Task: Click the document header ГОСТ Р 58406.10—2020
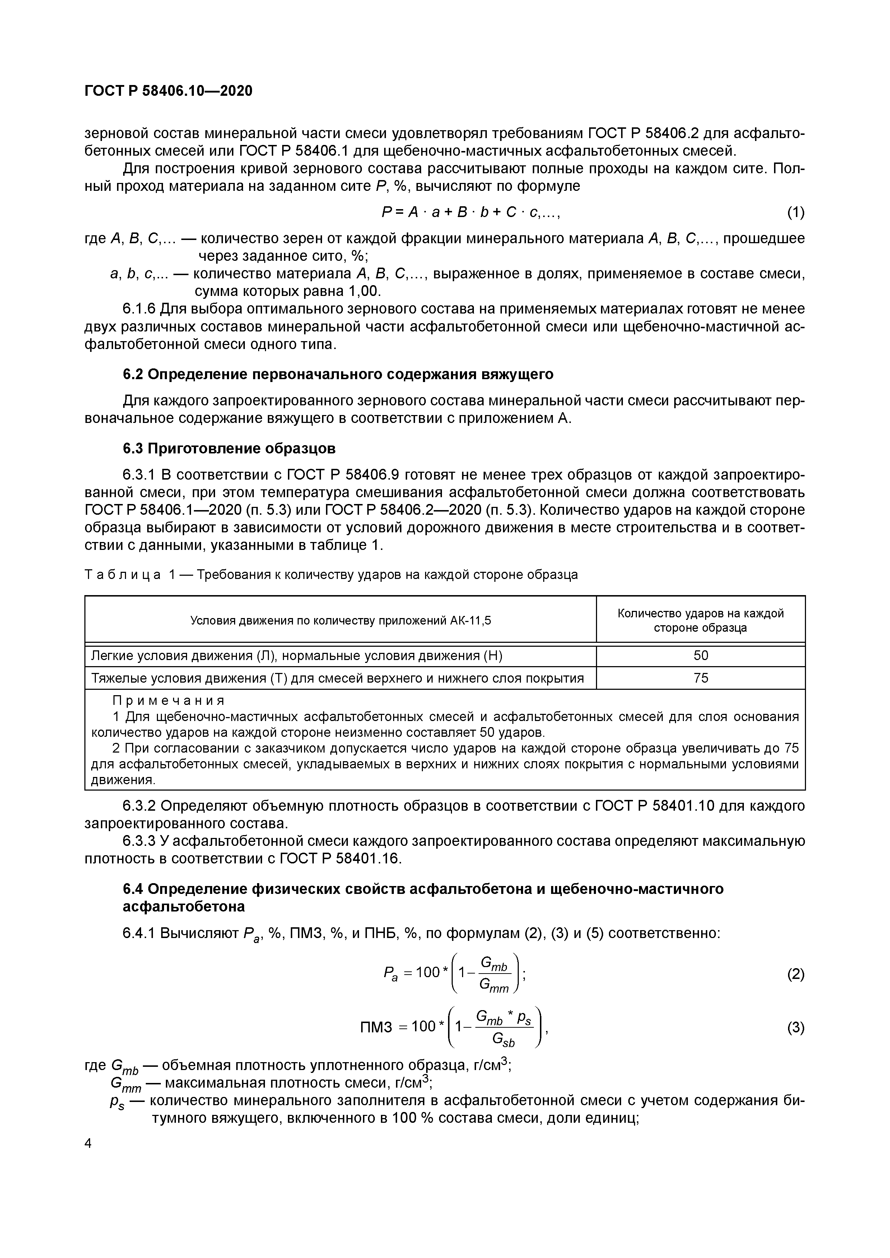(168, 90)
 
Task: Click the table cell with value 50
(700, 656)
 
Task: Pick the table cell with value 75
(700, 678)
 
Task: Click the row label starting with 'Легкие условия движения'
(296, 656)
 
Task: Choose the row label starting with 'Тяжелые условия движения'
(337, 678)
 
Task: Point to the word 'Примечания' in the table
(168, 701)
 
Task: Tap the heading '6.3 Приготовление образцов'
(229, 449)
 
